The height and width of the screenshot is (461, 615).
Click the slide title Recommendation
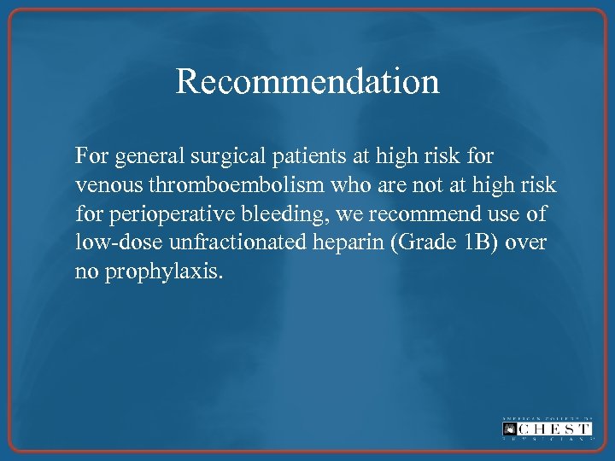tap(307, 82)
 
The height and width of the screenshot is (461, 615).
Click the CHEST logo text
tap(547, 428)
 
